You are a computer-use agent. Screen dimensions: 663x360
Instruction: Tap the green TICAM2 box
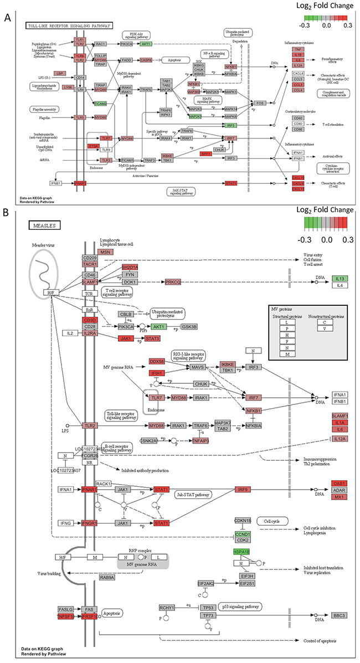pos(100,104)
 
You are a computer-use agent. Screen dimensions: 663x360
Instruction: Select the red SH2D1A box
pos(130,267)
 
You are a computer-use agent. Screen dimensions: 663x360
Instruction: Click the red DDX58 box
pos(157,362)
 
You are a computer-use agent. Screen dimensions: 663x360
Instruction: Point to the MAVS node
pos(198,367)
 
